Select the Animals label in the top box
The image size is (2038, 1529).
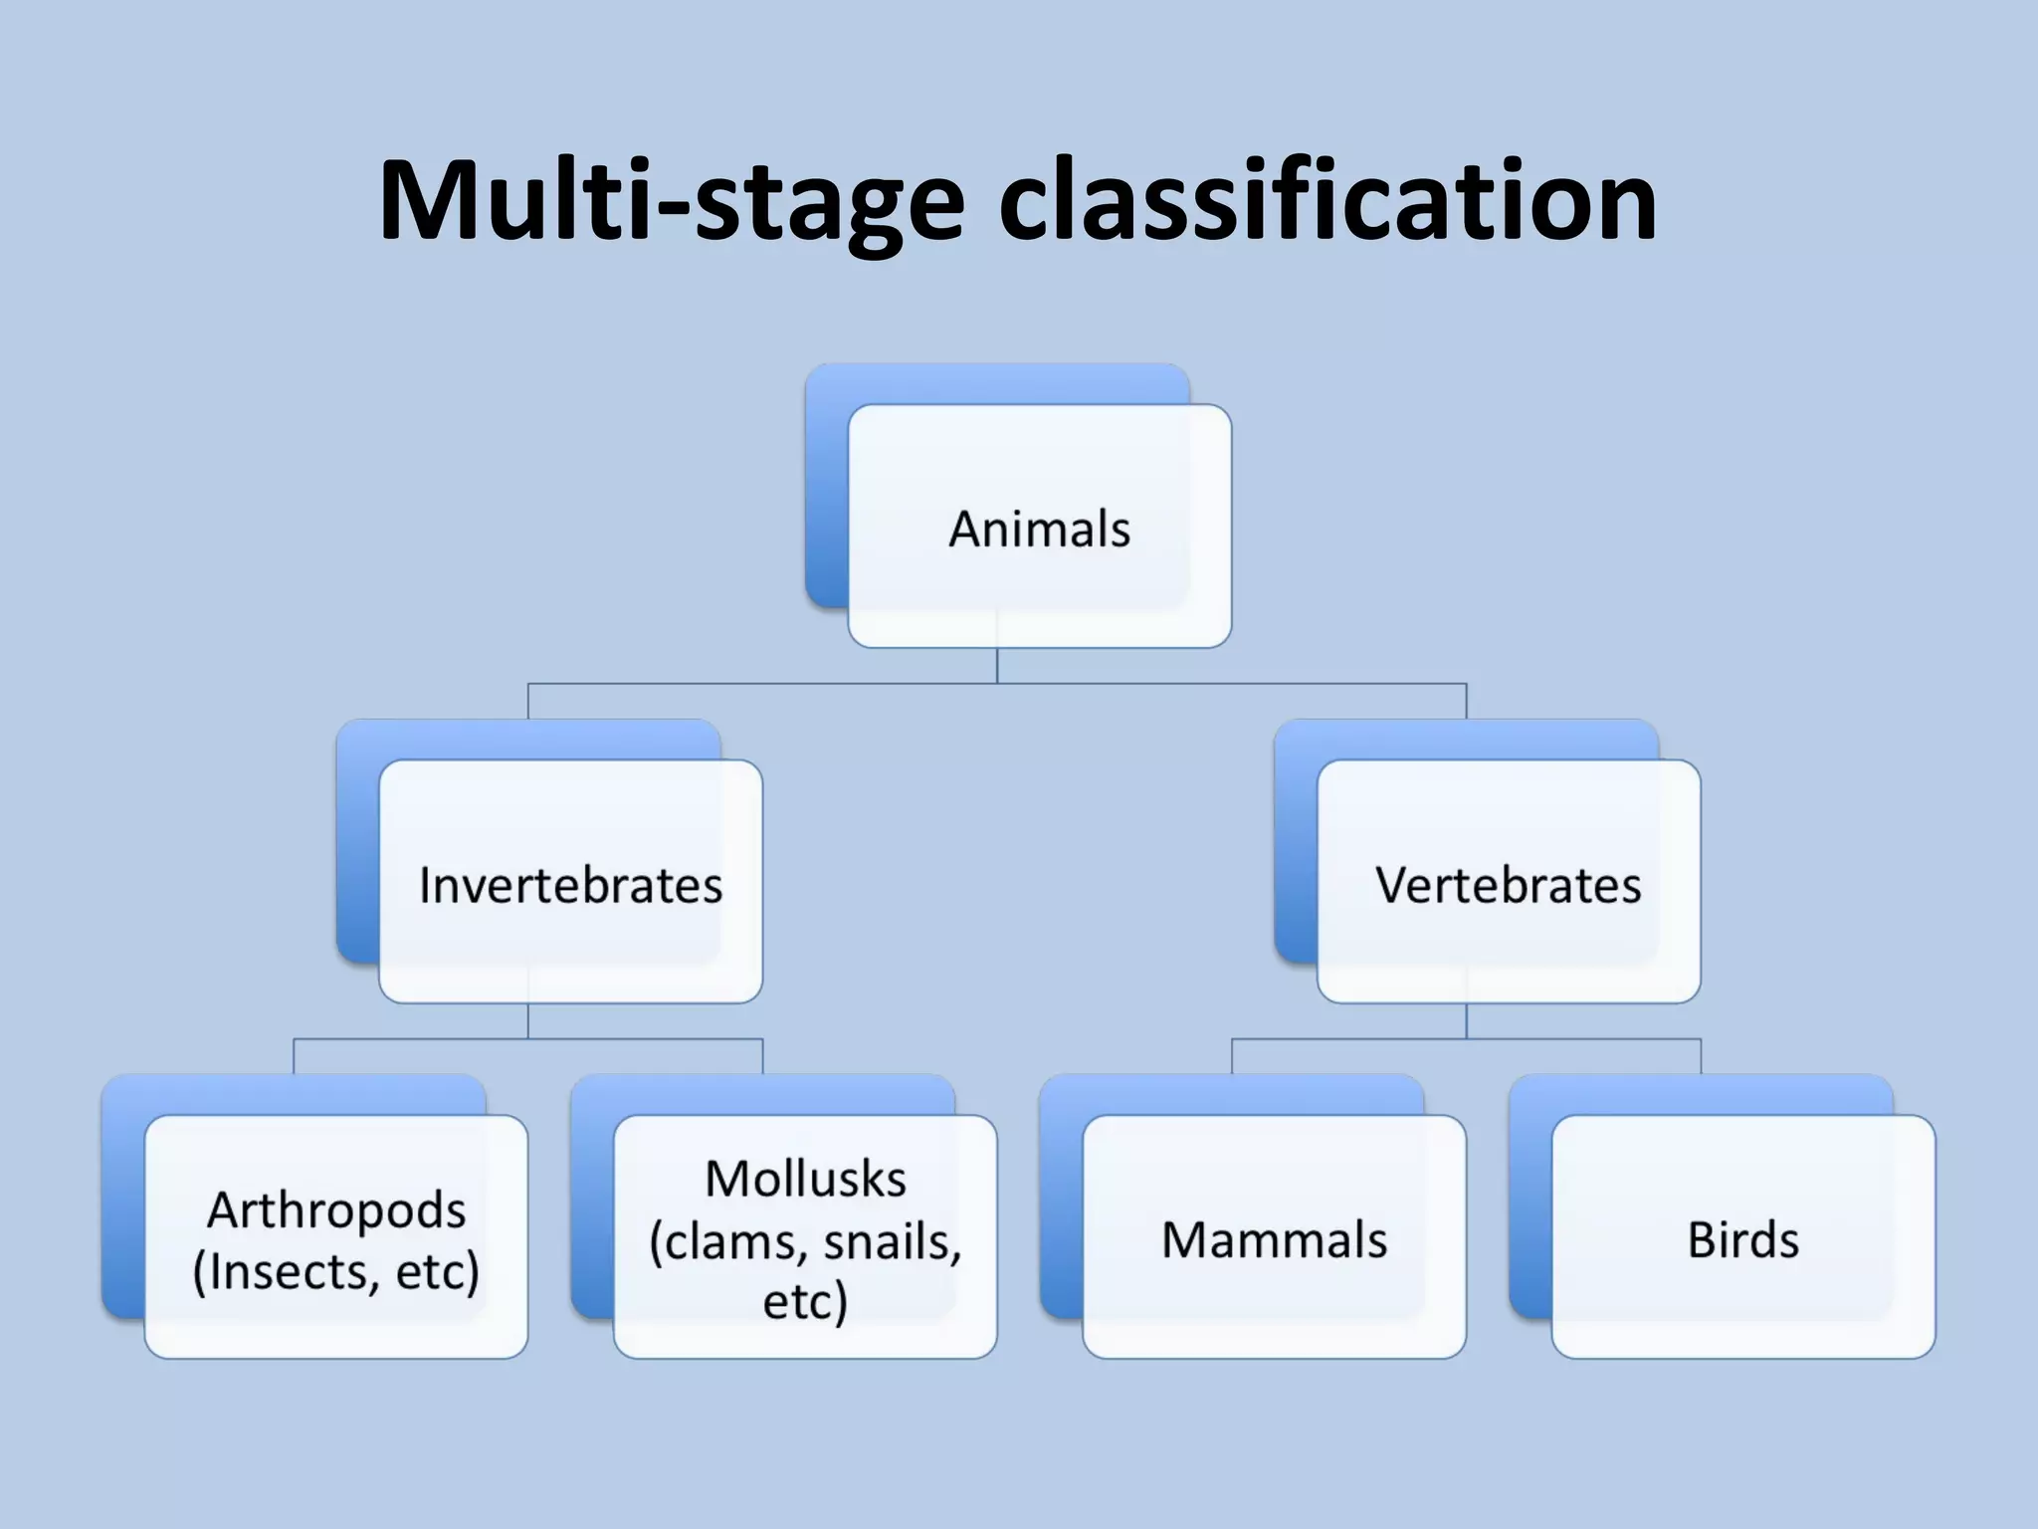1039,529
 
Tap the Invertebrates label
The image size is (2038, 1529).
570,885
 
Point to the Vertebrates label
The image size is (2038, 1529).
1508,885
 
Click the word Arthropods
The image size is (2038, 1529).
336,1210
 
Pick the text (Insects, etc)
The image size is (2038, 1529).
336,1272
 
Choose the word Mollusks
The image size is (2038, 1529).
805,1180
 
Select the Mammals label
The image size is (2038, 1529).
1274,1240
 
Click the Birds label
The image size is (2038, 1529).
1743,1240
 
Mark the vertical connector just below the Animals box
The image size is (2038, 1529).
997,665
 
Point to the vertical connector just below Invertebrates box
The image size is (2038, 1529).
528,1020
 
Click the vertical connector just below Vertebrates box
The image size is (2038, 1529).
1466,1020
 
